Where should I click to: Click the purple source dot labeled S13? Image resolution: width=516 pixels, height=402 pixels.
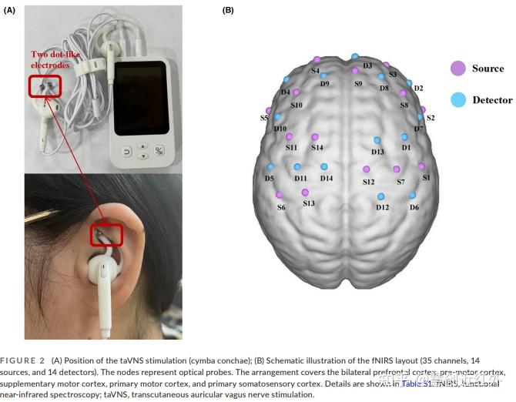pos(306,193)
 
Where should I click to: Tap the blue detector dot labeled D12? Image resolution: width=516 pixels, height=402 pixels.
pos(380,196)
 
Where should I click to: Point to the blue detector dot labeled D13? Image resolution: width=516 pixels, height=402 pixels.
pos(377,140)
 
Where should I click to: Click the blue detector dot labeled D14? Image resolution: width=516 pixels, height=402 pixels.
pos(325,166)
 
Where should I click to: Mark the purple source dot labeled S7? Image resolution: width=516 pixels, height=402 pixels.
pos(397,169)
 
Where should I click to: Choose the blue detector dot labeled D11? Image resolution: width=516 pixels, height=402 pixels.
pos(298,166)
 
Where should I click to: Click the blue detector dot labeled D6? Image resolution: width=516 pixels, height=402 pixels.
pos(413,196)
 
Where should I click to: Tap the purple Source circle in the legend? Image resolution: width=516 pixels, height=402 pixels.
pos(457,69)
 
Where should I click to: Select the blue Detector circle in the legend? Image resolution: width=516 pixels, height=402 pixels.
pos(457,100)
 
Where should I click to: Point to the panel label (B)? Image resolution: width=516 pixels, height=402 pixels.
pos(228,10)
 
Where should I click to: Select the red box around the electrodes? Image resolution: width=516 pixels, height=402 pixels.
pos(45,86)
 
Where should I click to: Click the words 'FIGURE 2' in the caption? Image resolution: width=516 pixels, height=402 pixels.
pos(24,360)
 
